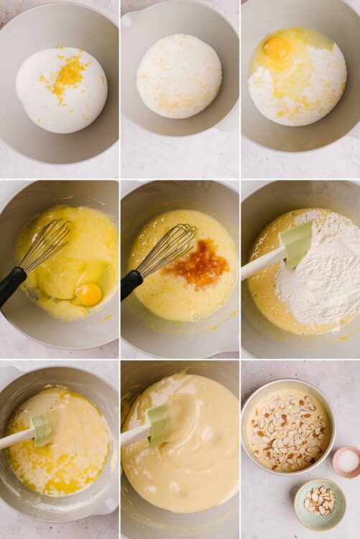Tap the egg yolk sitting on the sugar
click(x=277, y=48)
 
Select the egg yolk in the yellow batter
click(x=89, y=293)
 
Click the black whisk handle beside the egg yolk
click(x=11, y=285)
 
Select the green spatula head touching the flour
click(x=296, y=244)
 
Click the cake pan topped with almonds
click(x=287, y=428)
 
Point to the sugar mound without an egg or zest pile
click(x=179, y=75)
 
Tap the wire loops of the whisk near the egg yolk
click(x=46, y=244)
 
